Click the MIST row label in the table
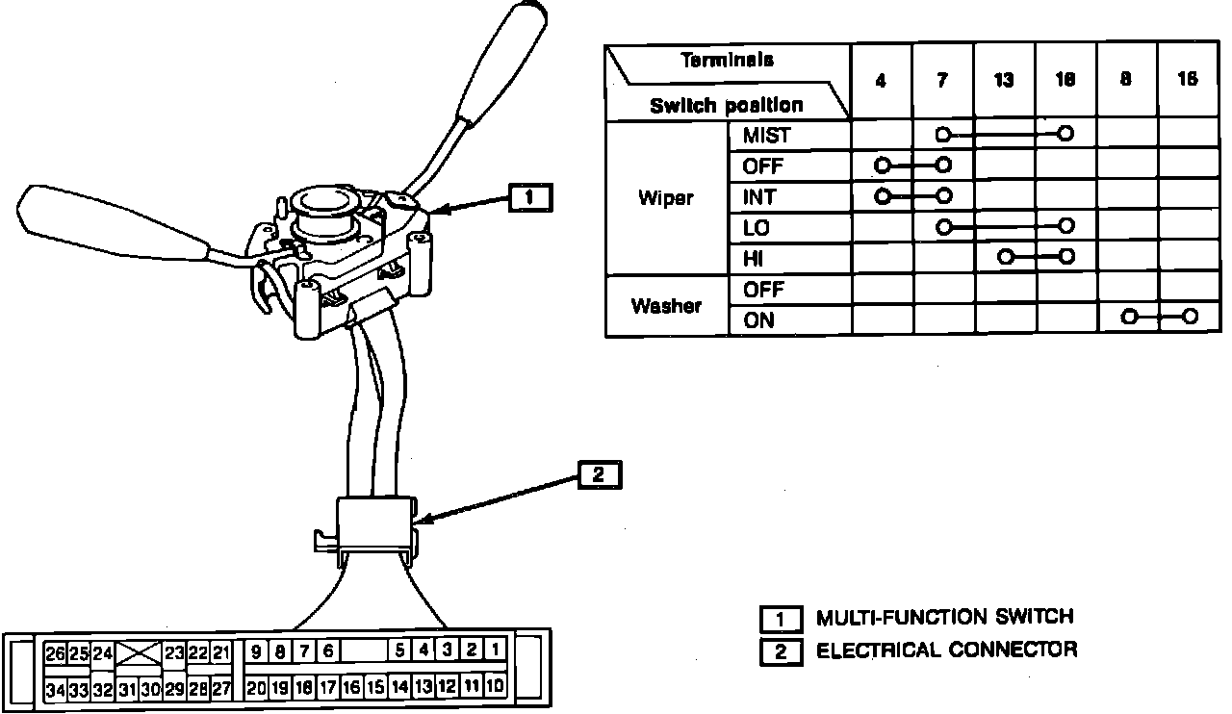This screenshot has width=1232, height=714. (766, 136)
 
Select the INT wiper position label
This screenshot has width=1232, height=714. (759, 197)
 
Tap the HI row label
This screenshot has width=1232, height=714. (754, 259)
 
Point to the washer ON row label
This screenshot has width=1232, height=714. (758, 320)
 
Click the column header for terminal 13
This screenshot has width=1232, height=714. (1004, 81)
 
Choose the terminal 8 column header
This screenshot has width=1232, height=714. (1125, 81)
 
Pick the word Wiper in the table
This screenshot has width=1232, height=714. (666, 199)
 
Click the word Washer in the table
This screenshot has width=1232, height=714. (666, 306)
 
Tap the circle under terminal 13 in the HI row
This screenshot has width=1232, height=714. (1006, 257)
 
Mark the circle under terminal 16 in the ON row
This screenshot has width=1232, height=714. (1191, 317)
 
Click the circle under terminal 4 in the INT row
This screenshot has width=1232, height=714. (882, 195)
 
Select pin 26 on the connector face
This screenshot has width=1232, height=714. (55, 653)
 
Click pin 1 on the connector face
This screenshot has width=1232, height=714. (495, 650)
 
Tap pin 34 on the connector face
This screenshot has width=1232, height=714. (55, 689)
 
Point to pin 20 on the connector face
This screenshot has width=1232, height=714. (256, 687)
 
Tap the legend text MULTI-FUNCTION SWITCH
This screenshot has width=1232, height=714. (944, 617)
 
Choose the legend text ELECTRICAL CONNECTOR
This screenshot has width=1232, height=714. (947, 650)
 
